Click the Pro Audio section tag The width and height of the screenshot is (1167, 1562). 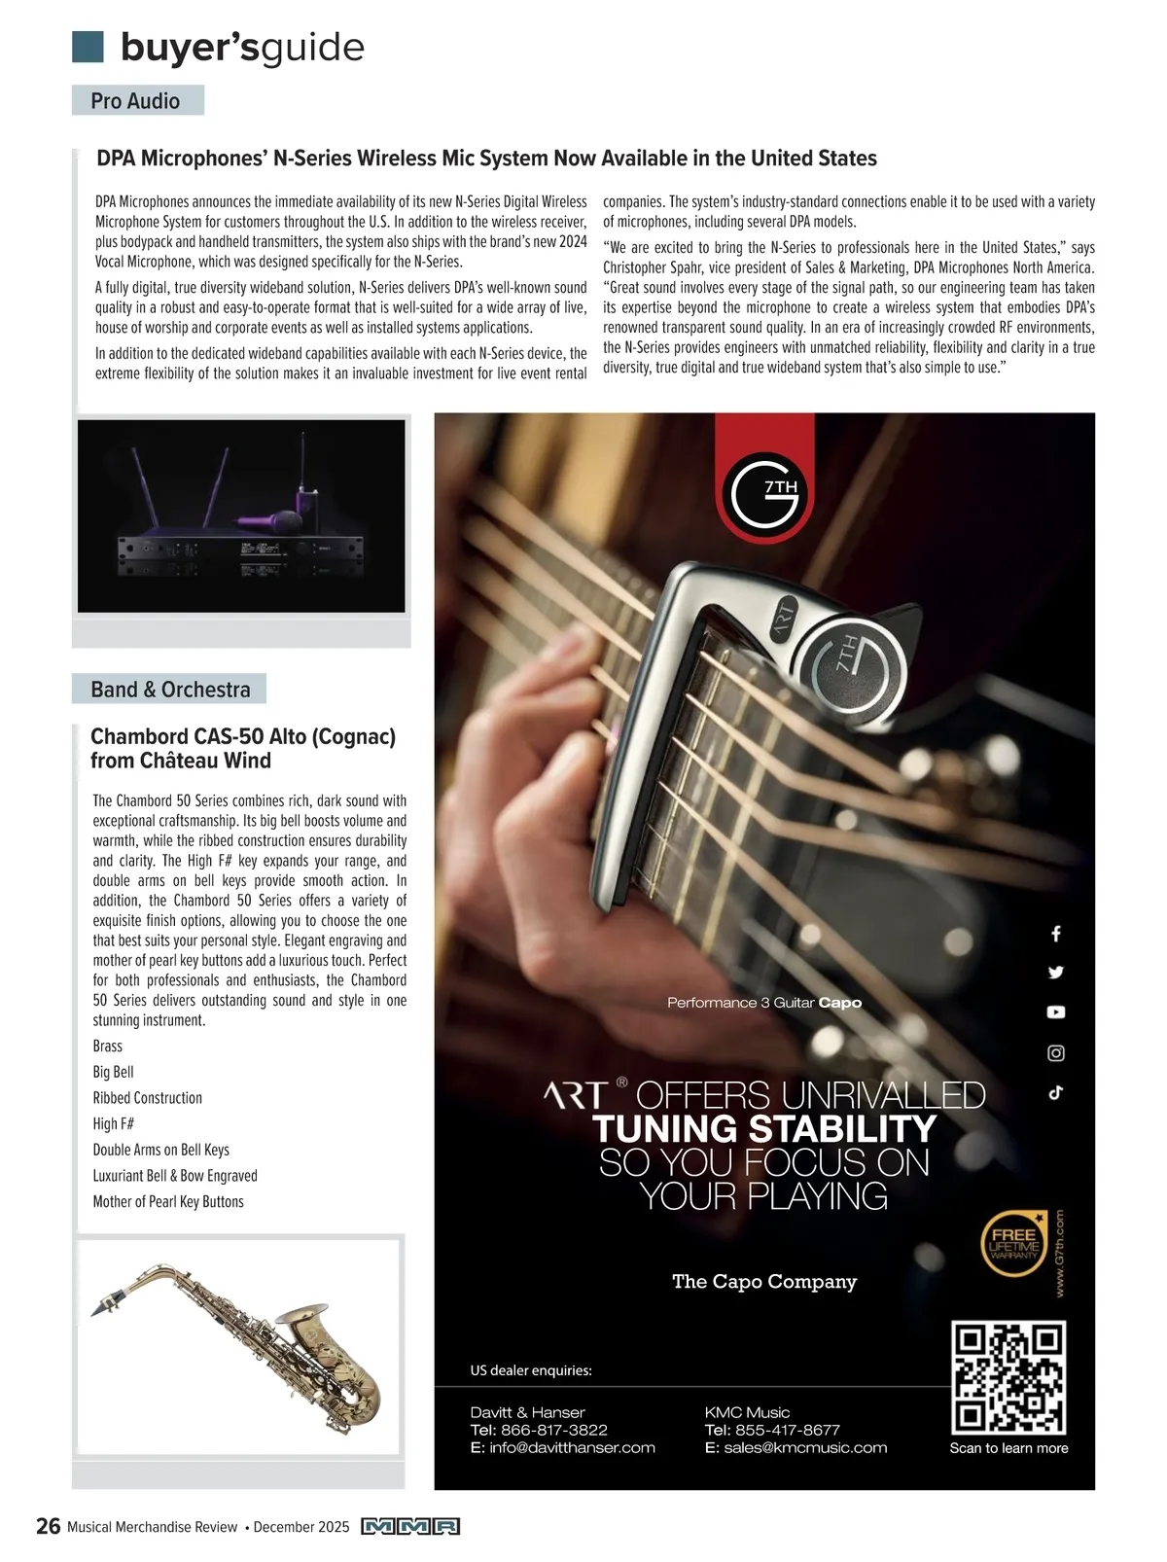[137, 100]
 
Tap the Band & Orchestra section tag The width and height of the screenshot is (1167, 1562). [169, 689]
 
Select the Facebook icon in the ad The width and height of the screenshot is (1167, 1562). [1056, 934]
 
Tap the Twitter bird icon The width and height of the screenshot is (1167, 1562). [1056, 972]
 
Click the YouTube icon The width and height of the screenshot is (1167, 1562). [1056, 1012]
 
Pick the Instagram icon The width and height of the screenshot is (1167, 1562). [1056, 1052]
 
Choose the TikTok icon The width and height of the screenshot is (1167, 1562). [1056, 1092]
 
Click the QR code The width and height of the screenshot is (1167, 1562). [1008, 1377]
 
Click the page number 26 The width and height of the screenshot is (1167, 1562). [48, 1526]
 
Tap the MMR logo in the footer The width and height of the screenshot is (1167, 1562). [409, 1526]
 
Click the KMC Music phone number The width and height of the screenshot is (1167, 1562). [787, 1430]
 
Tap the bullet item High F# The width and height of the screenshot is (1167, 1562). [114, 1123]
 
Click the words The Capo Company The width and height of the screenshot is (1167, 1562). [764, 1281]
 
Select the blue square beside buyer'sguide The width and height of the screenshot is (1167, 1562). [88, 46]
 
